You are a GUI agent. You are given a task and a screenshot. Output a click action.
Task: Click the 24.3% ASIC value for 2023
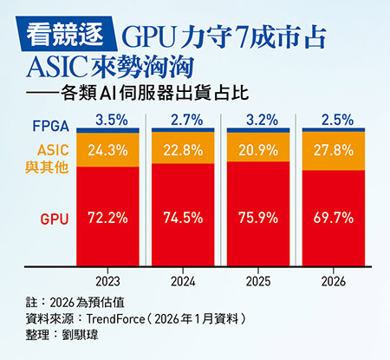(x=107, y=148)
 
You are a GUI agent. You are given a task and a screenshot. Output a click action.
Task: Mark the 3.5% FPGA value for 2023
(x=107, y=118)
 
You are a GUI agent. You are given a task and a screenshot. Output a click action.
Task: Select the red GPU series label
(x=55, y=219)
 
